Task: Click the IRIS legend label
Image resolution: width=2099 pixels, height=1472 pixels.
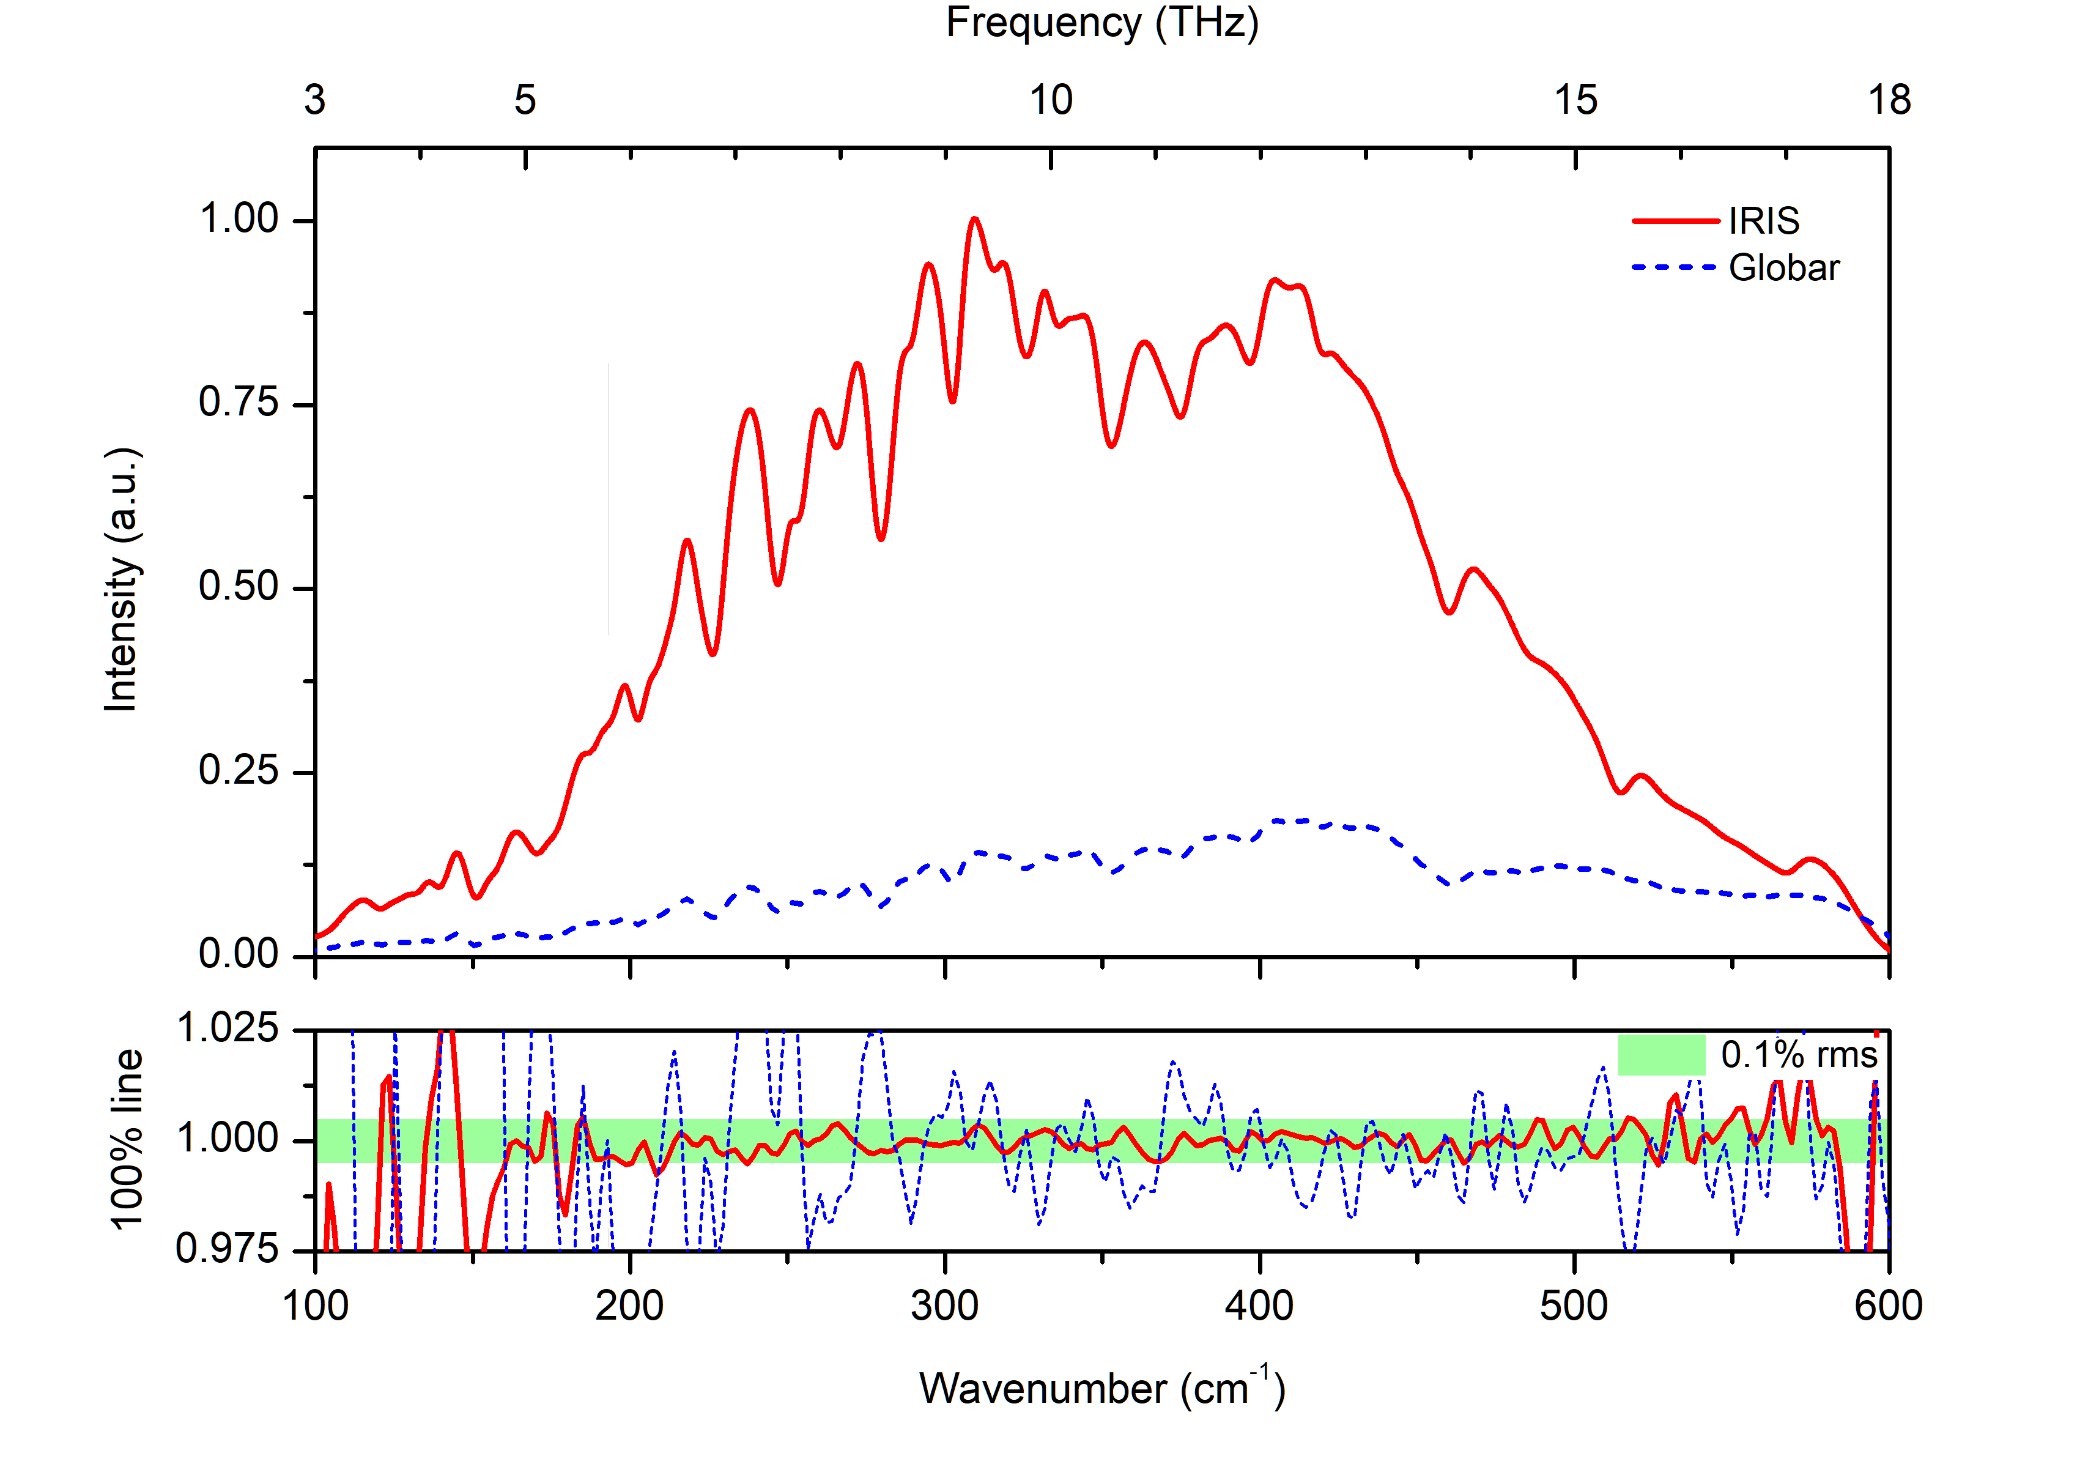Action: (1763, 221)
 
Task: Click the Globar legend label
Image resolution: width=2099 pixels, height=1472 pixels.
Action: (1783, 268)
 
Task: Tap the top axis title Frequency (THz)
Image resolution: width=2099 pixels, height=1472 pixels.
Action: (1101, 23)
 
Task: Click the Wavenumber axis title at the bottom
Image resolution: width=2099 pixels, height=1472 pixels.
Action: (1101, 1388)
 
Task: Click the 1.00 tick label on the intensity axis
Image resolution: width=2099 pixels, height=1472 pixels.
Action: (239, 220)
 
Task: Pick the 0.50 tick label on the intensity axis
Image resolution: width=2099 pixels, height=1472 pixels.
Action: (239, 587)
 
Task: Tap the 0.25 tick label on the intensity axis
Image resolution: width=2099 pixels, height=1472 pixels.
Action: (239, 771)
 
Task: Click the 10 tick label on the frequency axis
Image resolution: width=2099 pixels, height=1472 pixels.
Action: (1050, 100)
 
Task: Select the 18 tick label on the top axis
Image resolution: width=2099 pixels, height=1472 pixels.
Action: (1888, 100)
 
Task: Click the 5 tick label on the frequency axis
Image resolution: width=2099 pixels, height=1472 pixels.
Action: (525, 100)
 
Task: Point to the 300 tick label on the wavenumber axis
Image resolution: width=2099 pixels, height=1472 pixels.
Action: (944, 1306)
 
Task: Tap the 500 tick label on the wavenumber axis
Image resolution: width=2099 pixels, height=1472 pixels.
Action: (1574, 1306)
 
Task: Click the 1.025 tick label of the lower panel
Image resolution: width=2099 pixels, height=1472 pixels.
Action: (227, 1028)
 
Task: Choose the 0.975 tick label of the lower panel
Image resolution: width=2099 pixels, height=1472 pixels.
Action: (227, 1249)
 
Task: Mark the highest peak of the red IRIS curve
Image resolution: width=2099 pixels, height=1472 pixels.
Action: (974, 220)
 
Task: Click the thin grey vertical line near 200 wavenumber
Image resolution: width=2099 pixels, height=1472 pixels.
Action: (609, 498)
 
